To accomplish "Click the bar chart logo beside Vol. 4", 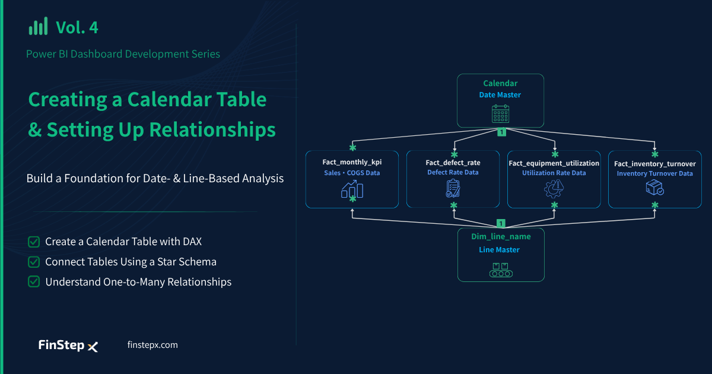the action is point(38,26).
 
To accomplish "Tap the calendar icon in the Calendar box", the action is point(500,113).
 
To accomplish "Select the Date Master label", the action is point(500,95).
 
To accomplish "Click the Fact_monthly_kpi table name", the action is point(352,162).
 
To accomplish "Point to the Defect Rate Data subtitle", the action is point(453,172).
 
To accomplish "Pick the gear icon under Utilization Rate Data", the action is point(554,189).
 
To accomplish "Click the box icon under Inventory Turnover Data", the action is point(655,188).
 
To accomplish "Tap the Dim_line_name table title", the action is point(501,237).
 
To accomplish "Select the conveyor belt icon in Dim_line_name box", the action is point(501,270).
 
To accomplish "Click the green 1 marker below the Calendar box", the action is point(501,132).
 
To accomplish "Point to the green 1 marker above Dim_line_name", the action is point(501,223).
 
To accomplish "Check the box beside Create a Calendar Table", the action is point(34,242).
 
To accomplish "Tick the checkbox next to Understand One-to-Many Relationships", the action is point(34,282).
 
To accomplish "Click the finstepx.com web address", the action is point(152,345).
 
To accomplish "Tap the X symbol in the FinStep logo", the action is point(93,347).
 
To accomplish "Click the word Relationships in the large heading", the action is point(212,130).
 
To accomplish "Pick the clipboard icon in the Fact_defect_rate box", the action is point(453,189).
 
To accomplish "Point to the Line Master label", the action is point(500,250).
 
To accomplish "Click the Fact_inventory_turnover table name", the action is point(655,164).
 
